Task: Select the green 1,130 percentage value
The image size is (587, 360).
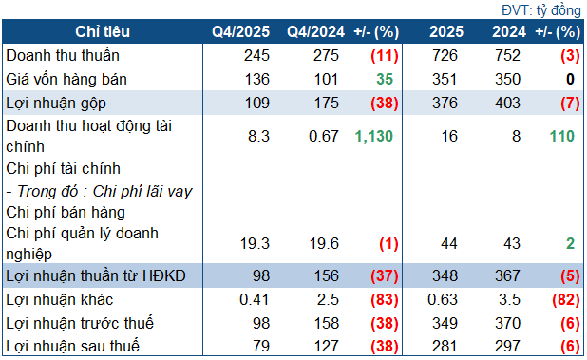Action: pyautogui.click(x=372, y=137)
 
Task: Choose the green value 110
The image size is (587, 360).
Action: pyautogui.click(x=561, y=137)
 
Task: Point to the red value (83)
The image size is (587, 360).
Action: pyautogui.click(x=376, y=299)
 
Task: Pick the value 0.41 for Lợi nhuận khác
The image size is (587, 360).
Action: pyautogui.click(x=256, y=299)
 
